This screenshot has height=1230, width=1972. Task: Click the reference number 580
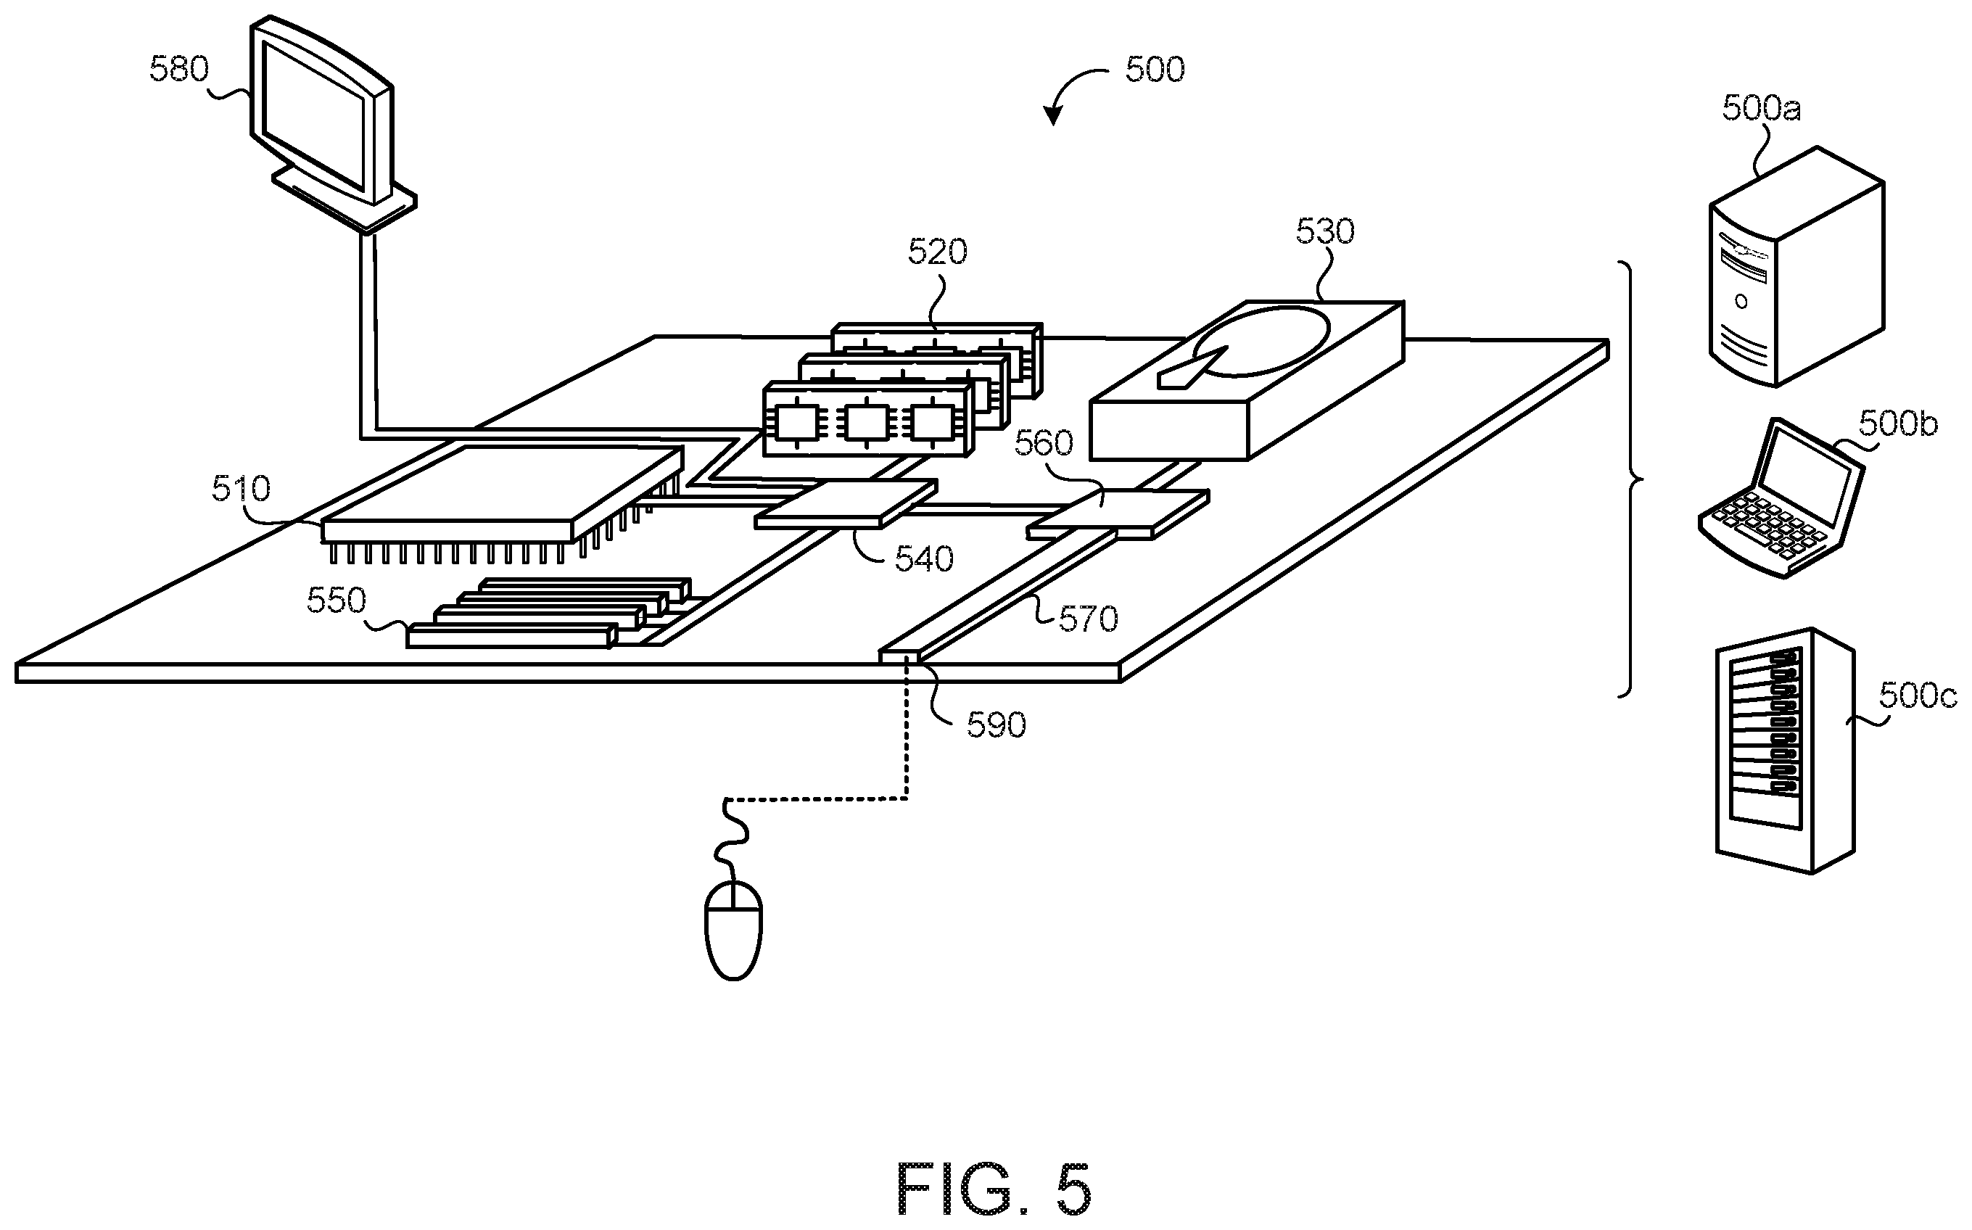(179, 70)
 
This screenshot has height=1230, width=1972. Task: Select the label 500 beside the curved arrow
(1155, 70)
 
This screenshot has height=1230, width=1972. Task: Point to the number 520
(937, 253)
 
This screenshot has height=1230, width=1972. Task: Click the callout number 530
(1325, 233)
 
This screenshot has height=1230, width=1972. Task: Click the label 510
(241, 489)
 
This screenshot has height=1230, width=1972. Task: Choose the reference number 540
(924, 560)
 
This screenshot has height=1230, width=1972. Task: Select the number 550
(336, 600)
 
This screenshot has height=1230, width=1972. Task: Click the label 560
(1044, 443)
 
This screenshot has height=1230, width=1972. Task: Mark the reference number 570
(1089, 620)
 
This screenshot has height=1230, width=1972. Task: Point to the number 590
(997, 725)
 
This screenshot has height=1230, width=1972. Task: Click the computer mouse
(733, 929)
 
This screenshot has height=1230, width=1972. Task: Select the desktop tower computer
(1796, 267)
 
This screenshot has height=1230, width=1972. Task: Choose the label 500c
(1918, 696)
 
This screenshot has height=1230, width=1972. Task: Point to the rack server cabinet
(1786, 750)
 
